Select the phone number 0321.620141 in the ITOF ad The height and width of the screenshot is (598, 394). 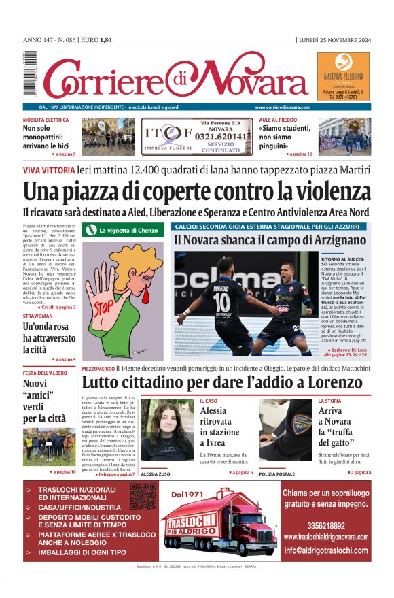click(x=221, y=136)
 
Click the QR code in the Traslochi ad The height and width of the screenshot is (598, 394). click(x=143, y=497)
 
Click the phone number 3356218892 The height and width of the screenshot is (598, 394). click(x=325, y=526)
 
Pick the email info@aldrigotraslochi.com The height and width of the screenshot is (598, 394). click(x=326, y=550)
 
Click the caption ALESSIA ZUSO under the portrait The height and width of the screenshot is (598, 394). click(x=156, y=474)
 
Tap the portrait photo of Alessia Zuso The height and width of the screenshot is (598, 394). click(x=166, y=432)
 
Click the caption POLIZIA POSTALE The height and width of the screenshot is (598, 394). click(x=276, y=474)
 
